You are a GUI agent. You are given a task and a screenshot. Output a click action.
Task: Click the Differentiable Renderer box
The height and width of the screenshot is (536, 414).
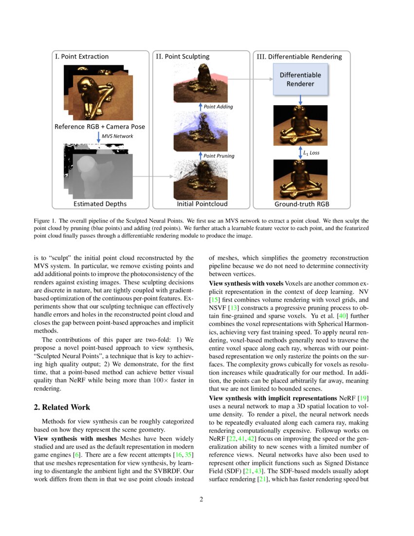point(300,79)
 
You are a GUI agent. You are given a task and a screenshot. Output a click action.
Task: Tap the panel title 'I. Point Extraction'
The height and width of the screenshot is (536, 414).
point(82,57)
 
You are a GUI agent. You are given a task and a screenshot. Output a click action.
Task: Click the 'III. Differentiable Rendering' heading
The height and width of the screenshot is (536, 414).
point(299,57)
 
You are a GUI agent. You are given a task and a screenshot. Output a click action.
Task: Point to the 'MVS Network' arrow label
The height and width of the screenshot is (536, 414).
point(118,136)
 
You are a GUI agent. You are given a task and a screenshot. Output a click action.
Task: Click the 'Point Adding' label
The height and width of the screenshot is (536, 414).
point(218,107)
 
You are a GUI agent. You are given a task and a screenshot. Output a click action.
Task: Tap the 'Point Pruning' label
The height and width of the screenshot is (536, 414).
point(219,156)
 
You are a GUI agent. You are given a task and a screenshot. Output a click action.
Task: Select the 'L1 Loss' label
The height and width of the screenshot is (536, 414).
point(311,153)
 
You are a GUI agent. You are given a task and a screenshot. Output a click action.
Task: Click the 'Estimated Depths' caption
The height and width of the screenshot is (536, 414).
point(100,204)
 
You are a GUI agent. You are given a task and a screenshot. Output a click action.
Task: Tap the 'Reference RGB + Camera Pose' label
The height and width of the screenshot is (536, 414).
point(99,127)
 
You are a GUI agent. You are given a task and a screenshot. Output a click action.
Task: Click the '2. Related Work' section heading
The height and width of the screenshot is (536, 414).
point(62,407)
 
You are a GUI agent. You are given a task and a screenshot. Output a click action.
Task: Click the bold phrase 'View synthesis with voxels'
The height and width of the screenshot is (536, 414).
point(246,283)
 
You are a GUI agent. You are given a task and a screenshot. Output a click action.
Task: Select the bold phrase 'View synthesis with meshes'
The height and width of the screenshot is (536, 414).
point(73,438)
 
